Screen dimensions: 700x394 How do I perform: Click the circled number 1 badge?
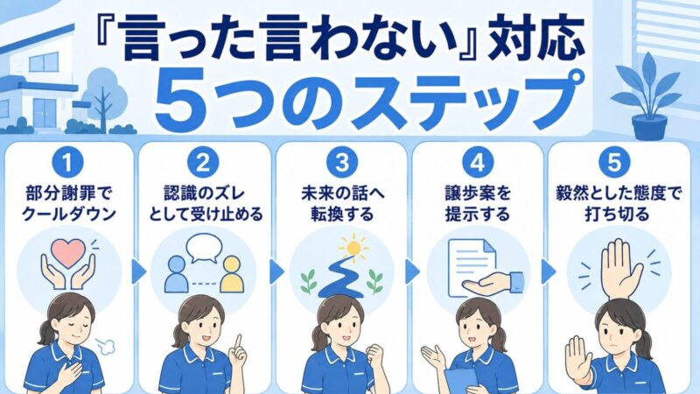68,162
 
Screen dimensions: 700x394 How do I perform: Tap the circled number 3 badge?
342,162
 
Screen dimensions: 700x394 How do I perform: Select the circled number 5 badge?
614,162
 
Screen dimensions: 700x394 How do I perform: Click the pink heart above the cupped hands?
68,252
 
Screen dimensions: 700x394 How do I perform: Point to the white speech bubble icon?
204,248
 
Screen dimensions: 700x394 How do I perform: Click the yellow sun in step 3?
353,247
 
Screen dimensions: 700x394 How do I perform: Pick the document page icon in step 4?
472,266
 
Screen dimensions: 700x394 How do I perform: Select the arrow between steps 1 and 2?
138,271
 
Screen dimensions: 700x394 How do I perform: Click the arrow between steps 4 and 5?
548,271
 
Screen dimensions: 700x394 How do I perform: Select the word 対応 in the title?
535,39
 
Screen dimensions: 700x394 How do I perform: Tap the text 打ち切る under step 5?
617,215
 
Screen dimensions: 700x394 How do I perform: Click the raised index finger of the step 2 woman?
239,343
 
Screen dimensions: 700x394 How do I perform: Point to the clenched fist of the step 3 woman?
374,355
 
